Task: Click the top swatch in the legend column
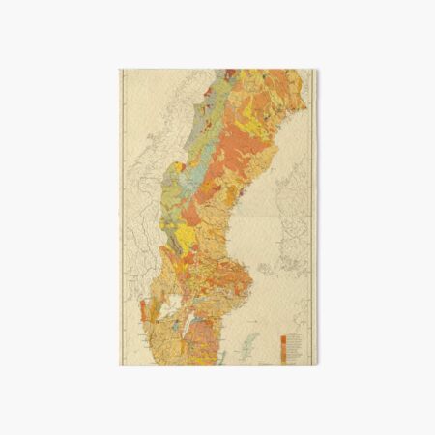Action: click(281, 338)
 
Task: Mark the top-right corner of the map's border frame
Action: click(316, 70)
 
